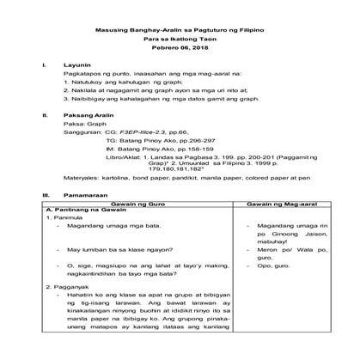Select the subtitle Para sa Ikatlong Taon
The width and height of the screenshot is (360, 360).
coord(180,40)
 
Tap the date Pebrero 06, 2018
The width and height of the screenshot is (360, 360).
coord(180,50)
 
